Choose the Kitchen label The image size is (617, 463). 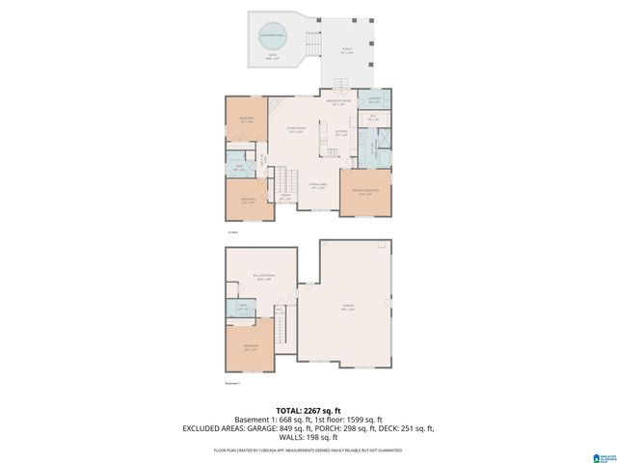pos(341,134)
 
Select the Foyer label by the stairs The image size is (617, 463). pos(285,196)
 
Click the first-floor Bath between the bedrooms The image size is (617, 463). pos(240,167)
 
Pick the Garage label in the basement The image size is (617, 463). pos(348,308)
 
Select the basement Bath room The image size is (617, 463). pos(241,308)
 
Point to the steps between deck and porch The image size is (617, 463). pos(312,44)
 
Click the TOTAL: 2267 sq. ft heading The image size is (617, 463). pos(308,409)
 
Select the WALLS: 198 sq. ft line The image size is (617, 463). pos(308,436)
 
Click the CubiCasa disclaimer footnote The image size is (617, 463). pos(308,449)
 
